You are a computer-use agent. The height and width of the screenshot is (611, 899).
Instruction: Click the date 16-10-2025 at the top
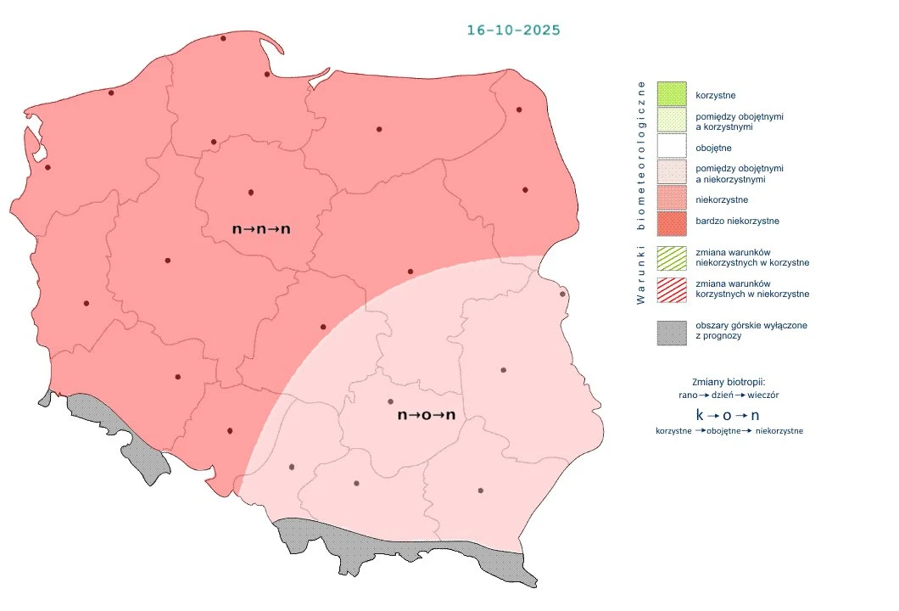[513, 30]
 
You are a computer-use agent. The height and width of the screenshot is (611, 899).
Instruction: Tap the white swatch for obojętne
[671, 148]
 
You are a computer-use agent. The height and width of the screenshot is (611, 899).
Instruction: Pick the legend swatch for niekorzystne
[671, 199]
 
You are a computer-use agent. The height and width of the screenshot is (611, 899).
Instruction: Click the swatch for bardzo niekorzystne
[671, 221]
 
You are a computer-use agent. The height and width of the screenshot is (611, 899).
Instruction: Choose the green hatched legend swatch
[671, 257]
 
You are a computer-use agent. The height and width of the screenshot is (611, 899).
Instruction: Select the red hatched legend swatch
[671, 289]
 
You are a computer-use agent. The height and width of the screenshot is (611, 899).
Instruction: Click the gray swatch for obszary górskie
[671, 331]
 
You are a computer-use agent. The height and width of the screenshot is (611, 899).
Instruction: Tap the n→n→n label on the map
[261, 229]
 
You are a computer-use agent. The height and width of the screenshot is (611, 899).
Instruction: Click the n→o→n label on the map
[427, 416]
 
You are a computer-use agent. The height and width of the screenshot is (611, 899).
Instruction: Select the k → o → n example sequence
[728, 416]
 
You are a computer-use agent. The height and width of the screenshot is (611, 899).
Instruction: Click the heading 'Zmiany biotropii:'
[729, 381]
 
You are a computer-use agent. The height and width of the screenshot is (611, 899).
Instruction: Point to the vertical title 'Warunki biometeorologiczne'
[642, 193]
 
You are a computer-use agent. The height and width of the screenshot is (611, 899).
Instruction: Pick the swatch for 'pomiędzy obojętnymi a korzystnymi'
[671, 121]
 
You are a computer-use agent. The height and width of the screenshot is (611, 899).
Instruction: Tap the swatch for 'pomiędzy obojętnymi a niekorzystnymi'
[671, 173]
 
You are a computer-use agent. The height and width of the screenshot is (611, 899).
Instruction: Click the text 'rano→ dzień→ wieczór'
[729, 395]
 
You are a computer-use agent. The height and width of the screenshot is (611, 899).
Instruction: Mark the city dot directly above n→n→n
[250, 192]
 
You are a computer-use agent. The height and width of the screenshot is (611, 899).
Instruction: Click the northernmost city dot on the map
[223, 38]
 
